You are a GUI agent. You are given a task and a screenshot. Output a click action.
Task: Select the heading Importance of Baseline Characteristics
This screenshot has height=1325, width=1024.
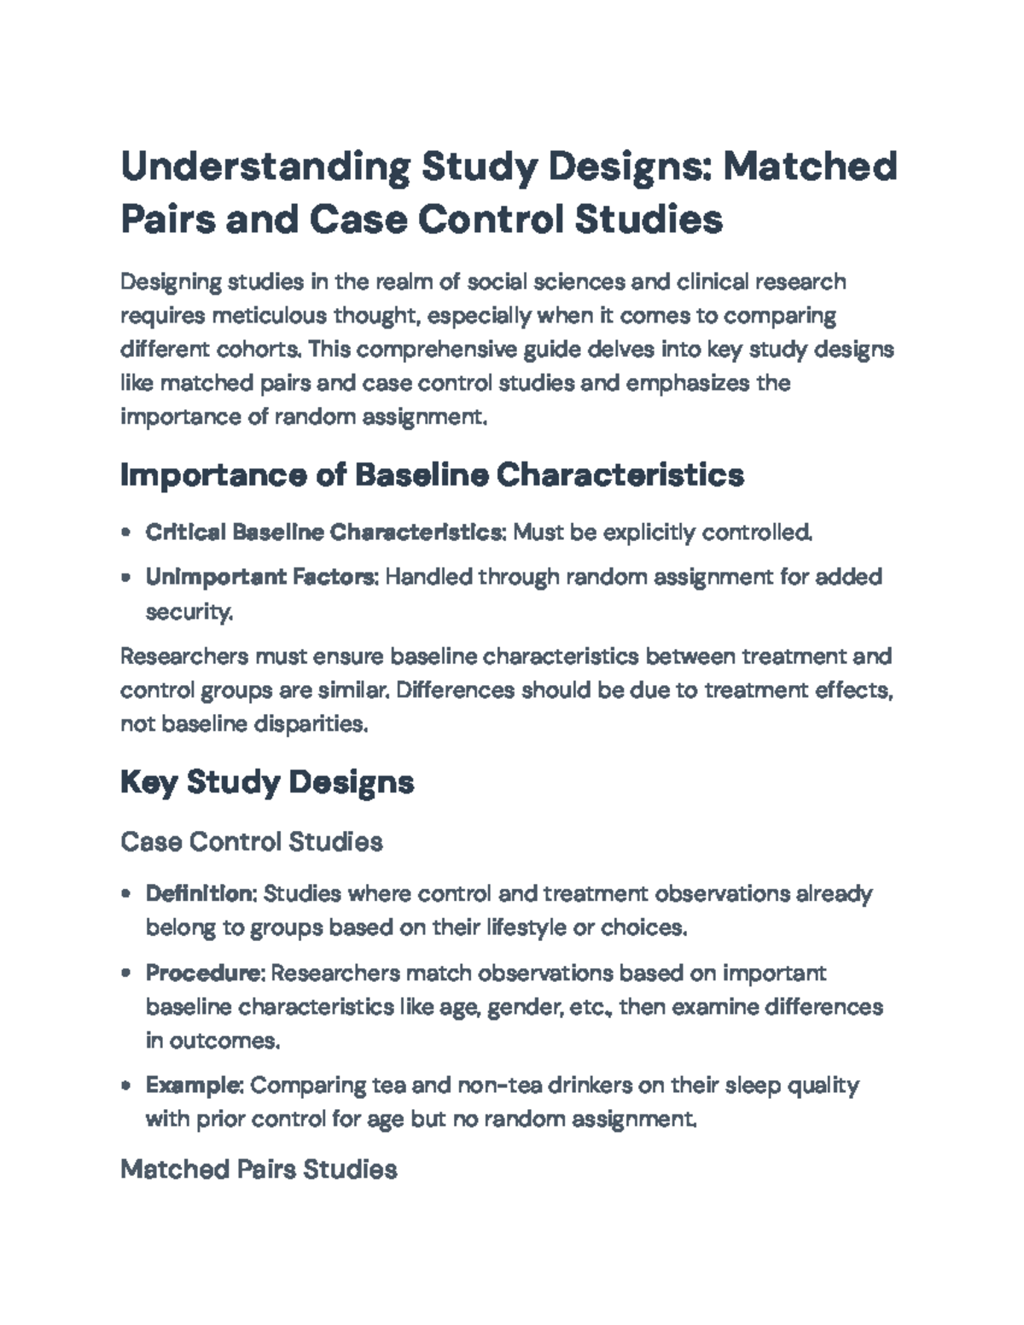432,474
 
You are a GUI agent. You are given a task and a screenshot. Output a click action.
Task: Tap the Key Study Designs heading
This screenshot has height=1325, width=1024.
267,782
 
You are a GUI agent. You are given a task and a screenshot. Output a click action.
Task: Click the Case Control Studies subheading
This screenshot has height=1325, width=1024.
252,842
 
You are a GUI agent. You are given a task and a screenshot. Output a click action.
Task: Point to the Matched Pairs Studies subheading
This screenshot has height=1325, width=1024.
259,1169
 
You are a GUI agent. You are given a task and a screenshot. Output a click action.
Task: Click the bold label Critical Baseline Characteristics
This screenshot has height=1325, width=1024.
324,532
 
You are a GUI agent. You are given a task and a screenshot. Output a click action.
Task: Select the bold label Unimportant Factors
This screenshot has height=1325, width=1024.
261,577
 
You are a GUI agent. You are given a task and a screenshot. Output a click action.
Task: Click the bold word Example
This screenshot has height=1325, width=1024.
195,1085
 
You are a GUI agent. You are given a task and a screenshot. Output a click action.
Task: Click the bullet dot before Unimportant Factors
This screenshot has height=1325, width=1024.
126,578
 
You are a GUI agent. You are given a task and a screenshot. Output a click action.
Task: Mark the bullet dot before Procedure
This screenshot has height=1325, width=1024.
126,973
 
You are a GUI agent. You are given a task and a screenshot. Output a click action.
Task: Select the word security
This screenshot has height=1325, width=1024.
189,612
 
